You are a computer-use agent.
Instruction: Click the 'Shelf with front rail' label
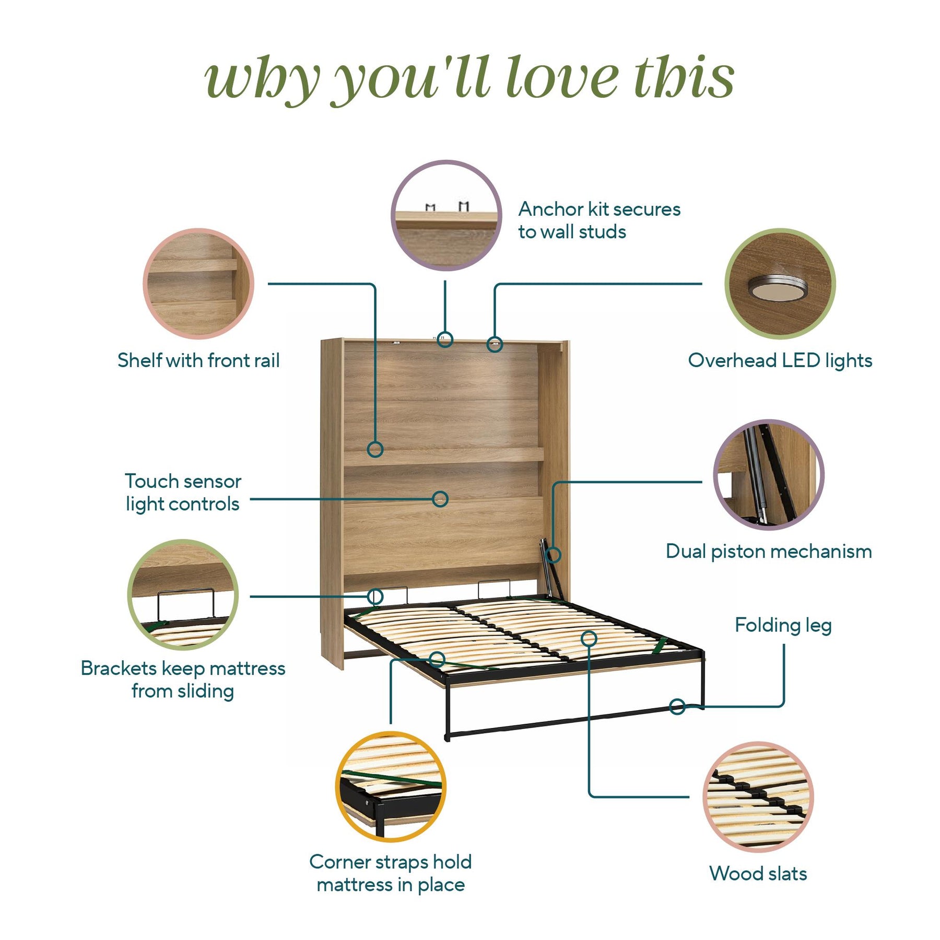coord(198,360)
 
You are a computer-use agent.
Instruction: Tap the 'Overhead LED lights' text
coord(780,360)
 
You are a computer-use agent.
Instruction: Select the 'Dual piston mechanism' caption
coord(769,551)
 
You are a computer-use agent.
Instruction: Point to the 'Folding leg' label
coord(783,625)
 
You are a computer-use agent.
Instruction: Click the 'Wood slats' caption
coord(758,874)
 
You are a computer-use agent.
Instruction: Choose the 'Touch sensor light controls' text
coord(183,492)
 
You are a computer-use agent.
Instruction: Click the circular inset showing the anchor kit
coord(446,215)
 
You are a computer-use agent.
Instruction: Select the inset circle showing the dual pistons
coord(769,475)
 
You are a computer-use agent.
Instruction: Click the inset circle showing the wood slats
coord(758,797)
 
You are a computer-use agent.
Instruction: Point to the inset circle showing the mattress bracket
coord(183,595)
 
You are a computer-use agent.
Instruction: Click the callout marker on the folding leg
coord(677,707)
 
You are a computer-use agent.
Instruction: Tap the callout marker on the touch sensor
coord(440,499)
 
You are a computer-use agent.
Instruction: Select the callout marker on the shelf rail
coord(375,449)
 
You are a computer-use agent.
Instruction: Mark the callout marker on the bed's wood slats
coord(589,638)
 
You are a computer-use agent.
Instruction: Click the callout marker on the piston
coord(553,555)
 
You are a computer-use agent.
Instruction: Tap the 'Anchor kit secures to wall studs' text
coord(600,220)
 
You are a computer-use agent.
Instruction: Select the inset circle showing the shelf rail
coord(198,284)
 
